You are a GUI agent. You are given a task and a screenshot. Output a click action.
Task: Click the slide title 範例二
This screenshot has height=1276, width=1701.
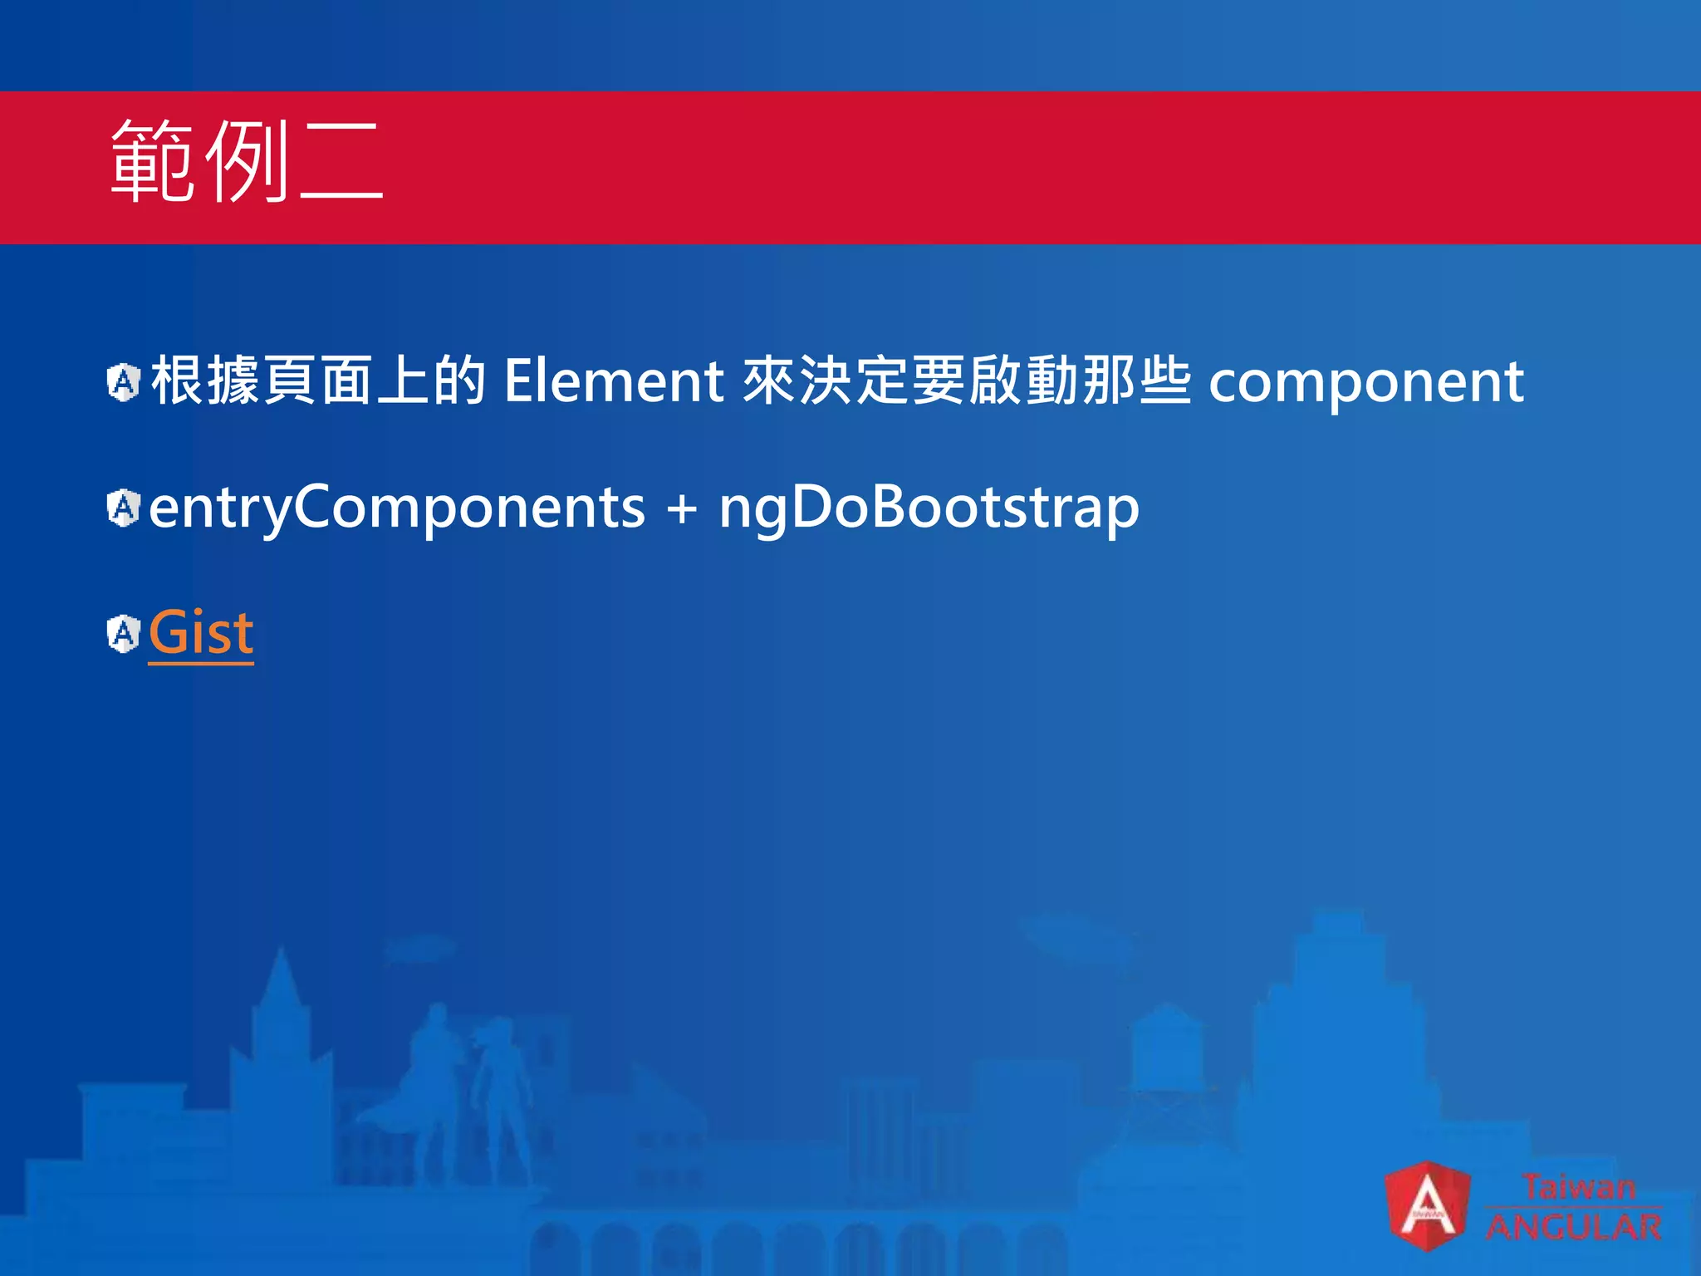point(246,161)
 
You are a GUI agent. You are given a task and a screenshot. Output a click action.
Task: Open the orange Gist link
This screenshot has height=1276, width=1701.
point(201,633)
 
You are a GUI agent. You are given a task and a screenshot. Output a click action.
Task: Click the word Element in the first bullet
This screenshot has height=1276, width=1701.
point(614,381)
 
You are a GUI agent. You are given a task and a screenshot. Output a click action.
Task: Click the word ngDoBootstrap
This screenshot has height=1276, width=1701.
point(929,508)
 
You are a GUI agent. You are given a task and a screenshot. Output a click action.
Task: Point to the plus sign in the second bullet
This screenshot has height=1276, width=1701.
point(681,509)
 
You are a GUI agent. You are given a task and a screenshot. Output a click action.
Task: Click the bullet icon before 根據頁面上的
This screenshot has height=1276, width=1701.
point(124,383)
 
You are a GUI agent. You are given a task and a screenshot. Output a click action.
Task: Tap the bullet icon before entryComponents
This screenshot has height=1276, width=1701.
point(124,508)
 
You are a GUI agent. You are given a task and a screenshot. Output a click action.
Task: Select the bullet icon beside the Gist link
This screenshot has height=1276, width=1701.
point(124,634)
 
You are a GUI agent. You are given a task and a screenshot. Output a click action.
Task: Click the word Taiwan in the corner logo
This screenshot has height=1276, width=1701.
point(1578,1186)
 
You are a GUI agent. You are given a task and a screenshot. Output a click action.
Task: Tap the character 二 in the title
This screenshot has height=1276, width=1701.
point(341,161)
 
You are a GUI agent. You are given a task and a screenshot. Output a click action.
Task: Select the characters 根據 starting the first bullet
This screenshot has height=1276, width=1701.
point(206,381)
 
